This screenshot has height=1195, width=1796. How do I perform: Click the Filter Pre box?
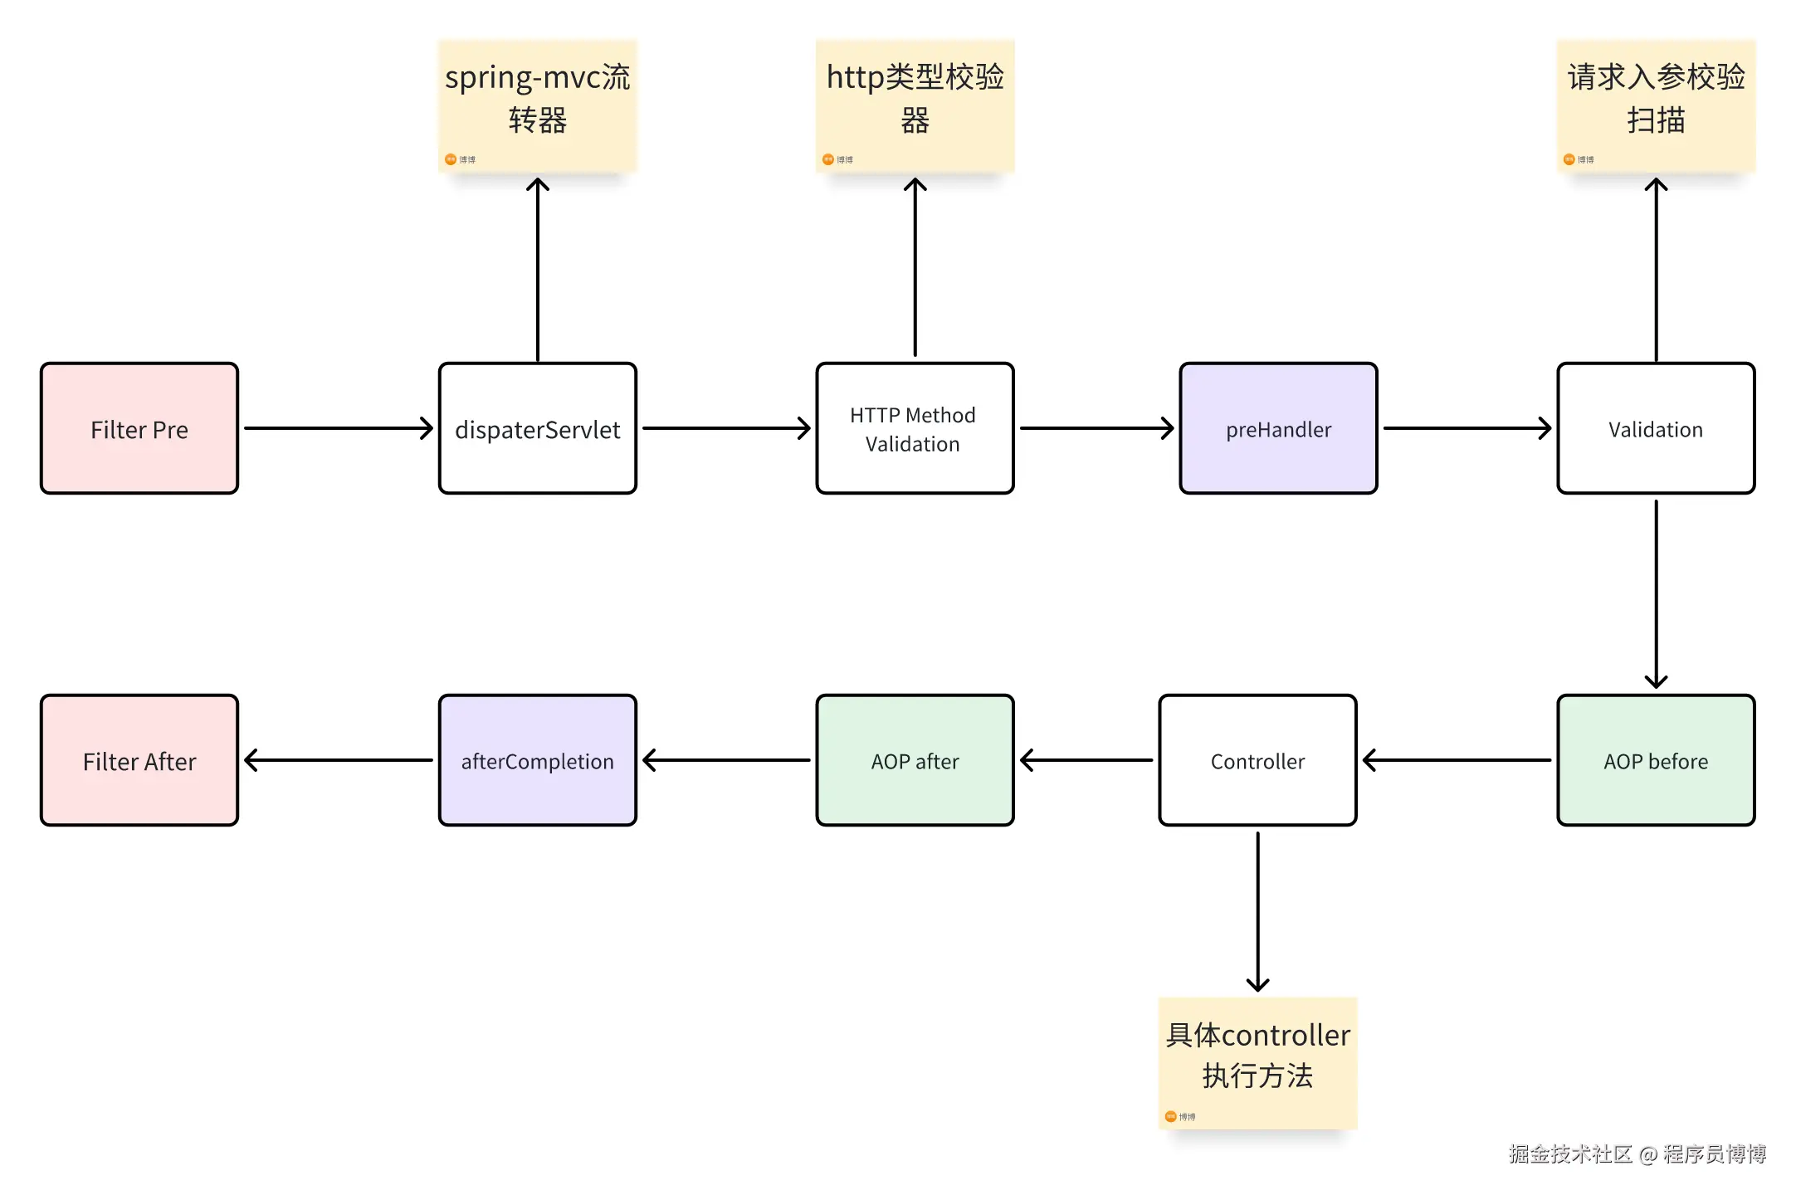139,428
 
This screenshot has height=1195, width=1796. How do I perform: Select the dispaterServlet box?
538,428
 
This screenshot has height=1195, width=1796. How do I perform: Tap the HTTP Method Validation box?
915,428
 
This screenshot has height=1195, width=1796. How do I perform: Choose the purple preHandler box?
1278,428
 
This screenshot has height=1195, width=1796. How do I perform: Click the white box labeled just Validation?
1656,428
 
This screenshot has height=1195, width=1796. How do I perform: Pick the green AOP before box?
1656,760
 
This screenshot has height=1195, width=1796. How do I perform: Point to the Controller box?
1257,760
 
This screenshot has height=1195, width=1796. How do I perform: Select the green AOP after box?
915,760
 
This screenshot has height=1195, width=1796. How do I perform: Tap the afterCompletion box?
538,760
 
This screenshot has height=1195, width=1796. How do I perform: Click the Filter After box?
139,760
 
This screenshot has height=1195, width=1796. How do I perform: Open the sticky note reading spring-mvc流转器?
538,106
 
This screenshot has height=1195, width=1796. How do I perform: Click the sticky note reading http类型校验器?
915,106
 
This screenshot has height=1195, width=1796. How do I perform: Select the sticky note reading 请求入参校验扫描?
1656,106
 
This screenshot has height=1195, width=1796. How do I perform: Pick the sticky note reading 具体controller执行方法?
1257,1063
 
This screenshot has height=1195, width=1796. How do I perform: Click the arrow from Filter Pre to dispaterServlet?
339,428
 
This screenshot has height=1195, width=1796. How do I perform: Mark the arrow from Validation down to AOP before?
1656,594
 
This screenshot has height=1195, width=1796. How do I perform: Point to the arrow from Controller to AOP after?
1086,760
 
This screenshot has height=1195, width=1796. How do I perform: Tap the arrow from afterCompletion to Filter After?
339,760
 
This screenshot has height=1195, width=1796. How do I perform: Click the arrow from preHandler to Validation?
1467,428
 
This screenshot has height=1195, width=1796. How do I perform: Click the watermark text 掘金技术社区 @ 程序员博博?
1637,1154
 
